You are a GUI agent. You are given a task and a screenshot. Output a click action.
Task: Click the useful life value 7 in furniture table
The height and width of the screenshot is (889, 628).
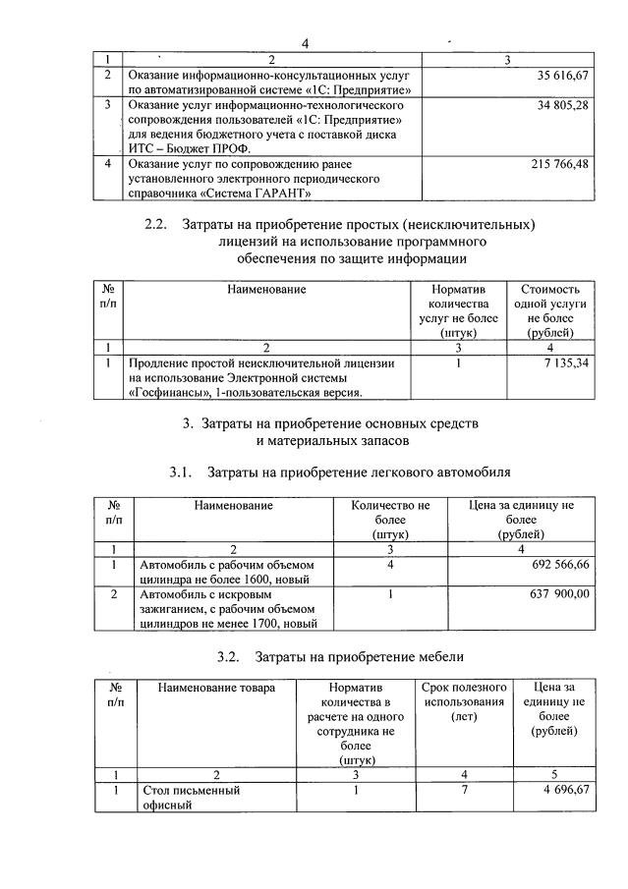click(463, 789)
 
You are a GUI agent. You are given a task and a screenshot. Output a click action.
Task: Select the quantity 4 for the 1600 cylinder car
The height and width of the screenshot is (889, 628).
click(390, 566)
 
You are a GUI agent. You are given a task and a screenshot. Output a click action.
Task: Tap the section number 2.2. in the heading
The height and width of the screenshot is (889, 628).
click(156, 224)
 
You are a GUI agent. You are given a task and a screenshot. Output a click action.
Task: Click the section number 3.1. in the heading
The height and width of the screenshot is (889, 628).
click(181, 472)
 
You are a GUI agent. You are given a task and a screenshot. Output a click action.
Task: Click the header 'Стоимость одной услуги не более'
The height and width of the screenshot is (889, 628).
click(549, 310)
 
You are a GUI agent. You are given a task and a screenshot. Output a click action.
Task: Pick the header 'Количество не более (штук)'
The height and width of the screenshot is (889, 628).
click(390, 520)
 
